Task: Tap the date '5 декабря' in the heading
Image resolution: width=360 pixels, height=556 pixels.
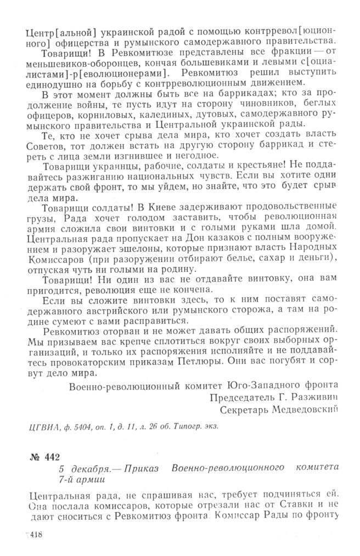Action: point(83,469)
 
